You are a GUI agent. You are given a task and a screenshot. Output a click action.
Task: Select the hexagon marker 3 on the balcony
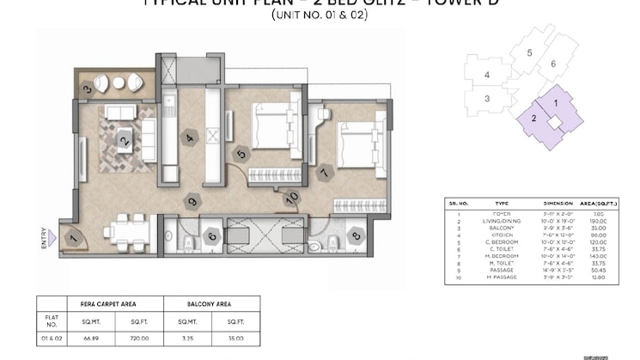pos(87,88)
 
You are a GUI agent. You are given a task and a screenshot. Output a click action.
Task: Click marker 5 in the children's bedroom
pos(241,155)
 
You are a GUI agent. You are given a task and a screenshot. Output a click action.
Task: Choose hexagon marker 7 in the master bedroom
pos(324,172)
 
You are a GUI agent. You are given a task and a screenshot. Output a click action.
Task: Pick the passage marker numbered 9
pos(192,202)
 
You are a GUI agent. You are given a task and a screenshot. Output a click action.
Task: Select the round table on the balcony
pos(119,83)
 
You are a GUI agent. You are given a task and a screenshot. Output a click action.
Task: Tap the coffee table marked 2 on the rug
pos(125,139)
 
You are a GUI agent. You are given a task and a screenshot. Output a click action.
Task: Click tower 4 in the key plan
pos(487,76)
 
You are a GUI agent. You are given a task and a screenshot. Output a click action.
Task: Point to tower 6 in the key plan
pos(553,64)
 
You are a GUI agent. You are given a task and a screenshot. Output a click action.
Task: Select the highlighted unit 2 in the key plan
pos(533,119)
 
